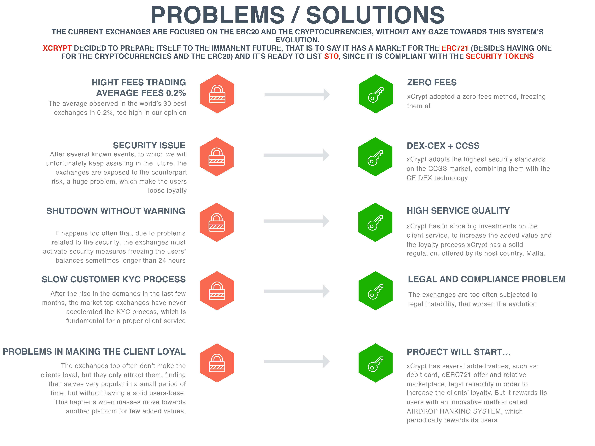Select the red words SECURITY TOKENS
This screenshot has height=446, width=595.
click(x=499, y=56)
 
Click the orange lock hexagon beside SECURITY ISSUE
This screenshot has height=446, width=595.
click(x=217, y=157)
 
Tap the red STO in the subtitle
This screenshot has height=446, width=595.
click(x=331, y=56)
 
